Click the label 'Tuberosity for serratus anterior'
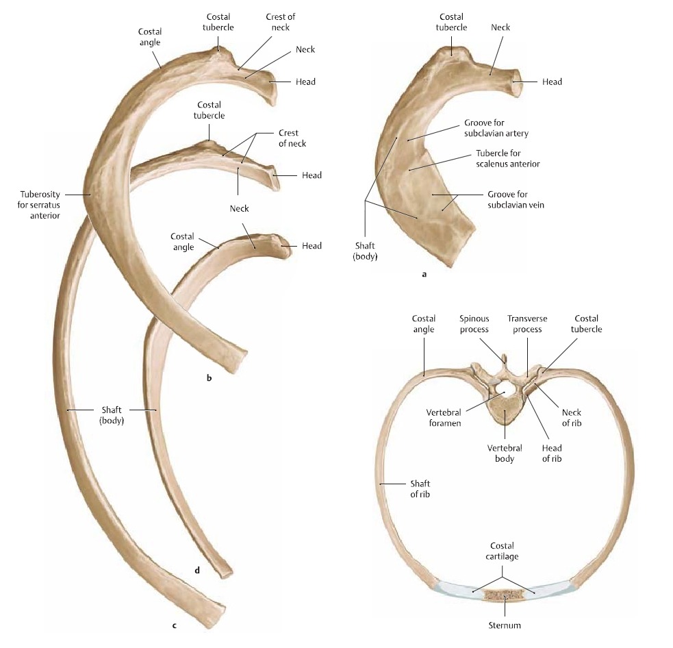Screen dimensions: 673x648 (x=39, y=205)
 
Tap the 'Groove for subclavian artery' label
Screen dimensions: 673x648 (x=496, y=128)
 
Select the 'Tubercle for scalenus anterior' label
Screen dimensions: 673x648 (x=508, y=158)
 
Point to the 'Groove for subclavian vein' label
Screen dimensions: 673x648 (x=516, y=200)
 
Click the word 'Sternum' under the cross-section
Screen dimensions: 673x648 (x=505, y=625)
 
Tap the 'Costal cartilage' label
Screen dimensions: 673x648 (x=502, y=551)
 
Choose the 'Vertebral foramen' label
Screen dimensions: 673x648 (x=444, y=418)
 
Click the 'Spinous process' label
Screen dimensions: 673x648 (x=474, y=324)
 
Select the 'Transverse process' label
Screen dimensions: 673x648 (x=527, y=324)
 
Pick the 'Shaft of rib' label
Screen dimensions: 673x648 (x=420, y=488)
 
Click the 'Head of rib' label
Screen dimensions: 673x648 (x=552, y=453)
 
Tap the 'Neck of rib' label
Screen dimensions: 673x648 (x=571, y=417)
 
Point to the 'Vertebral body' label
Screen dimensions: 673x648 (x=505, y=453)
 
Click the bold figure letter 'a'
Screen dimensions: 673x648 (x=424, y=275)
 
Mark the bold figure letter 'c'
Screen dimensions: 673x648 (x=174, y=625)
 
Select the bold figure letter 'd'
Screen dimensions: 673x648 (x=197, y=571)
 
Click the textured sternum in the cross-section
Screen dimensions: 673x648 (x=505, y=595)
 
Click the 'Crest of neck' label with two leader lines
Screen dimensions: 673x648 (x=292, y=138)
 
